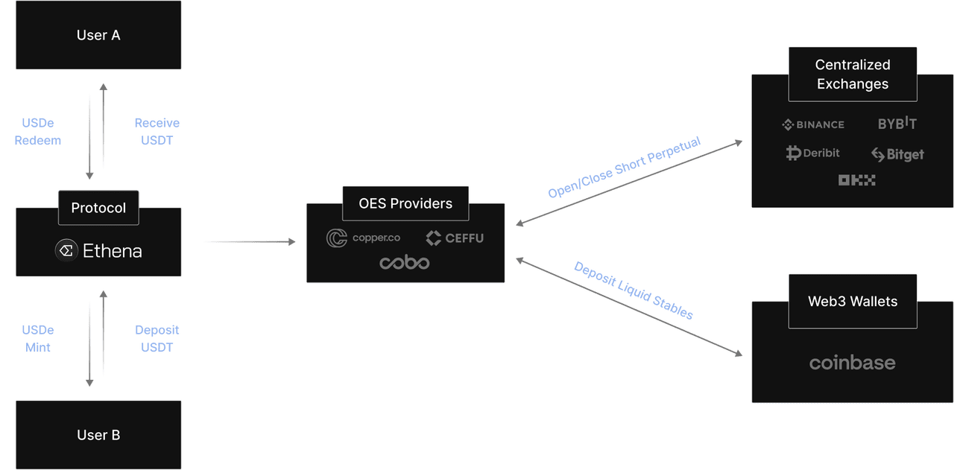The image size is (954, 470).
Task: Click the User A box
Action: (98, 35)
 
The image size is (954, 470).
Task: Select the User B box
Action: (98, 435)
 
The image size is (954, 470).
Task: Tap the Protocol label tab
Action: (98, 208)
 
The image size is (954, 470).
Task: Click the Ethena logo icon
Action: (66, 250)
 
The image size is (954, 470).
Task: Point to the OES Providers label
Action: (405, 203)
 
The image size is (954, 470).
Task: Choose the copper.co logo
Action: (363, 238)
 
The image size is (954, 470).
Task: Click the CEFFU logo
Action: (455, 238)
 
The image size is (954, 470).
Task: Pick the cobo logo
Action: (405, 262)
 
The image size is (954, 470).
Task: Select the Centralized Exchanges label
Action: (853, 74)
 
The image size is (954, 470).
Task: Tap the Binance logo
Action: (813, 124)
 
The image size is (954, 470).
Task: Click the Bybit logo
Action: (897, 123)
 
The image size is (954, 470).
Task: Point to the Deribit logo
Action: (812, 153)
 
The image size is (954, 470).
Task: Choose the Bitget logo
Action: (897, 154)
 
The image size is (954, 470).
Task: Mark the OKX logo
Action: (856, 180)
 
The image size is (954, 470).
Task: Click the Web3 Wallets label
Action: (853, 302)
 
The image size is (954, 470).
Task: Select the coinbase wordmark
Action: (852, 362)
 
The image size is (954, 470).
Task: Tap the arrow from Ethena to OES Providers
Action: (250, 242)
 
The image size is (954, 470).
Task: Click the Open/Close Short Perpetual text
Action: (624, 167)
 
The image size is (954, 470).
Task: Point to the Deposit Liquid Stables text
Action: (634, 290)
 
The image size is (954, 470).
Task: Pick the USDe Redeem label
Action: (38, 132)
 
